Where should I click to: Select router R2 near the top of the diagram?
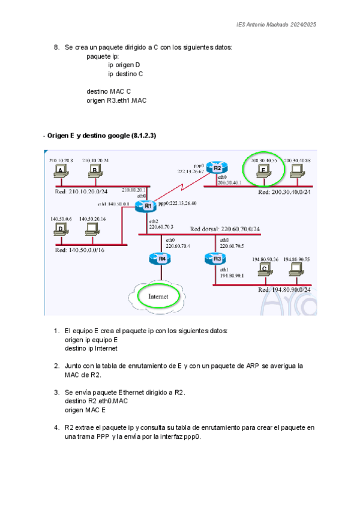[x=217, y=169]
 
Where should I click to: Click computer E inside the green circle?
[x=263, y=171]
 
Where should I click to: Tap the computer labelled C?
[x=263, y=271]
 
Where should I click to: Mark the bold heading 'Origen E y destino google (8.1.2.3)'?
[x=101, y=136]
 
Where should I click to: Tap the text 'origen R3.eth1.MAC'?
[x=116, y=101]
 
